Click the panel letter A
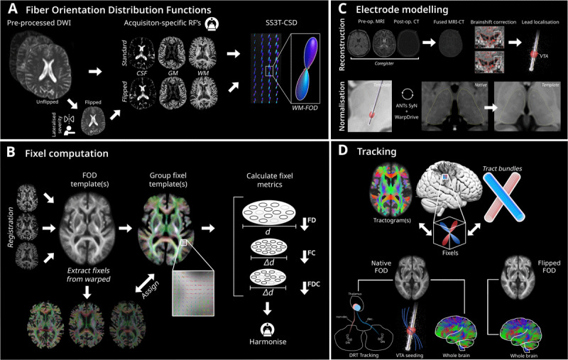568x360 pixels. [x=13, y=11]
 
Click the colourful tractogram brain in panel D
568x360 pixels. [x=388, y=191]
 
